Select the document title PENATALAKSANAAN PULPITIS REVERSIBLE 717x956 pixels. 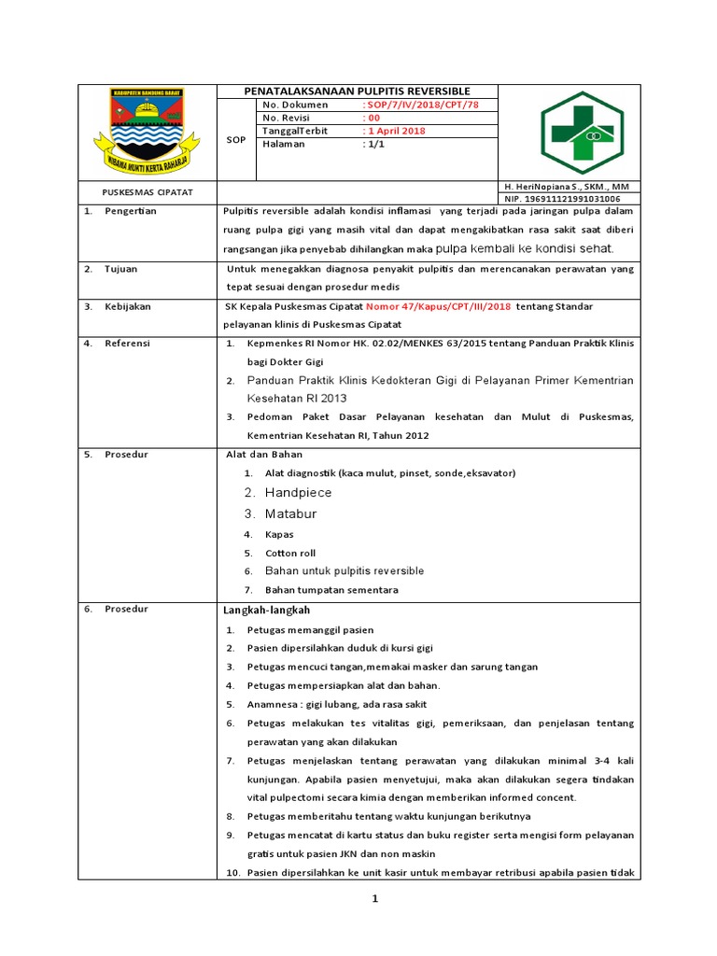(x=358, y=91)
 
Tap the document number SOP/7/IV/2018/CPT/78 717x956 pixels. (x=420, y=105)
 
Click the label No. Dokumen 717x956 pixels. (x=296, y=105)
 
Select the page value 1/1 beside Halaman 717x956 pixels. (x=374, y=144)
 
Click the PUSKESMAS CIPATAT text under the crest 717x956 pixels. (x=147, y=191)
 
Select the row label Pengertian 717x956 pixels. (x=131, y=211)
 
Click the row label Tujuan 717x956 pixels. (x=121, y=269)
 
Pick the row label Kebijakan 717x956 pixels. (x=128, y=306)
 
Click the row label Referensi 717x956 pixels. (x=128, y=343)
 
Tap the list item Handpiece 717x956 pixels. (x=298, y=492)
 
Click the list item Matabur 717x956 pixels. (x=290, y=513)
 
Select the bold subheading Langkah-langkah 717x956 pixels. (x=266, y=610)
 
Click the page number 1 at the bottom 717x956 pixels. (x=374, y=898)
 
